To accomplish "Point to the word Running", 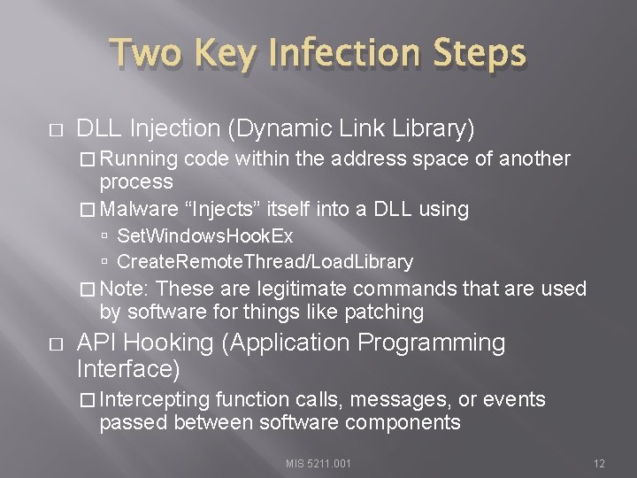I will pyautogui.click(x=138, y=159).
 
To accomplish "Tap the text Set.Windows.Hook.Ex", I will pyautogui.click(x=204, y=237).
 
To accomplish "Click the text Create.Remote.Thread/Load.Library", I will pyautogui.click(x=265, y=262).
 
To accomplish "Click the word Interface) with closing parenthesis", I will pyautogui.click(x=129, y=367).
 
